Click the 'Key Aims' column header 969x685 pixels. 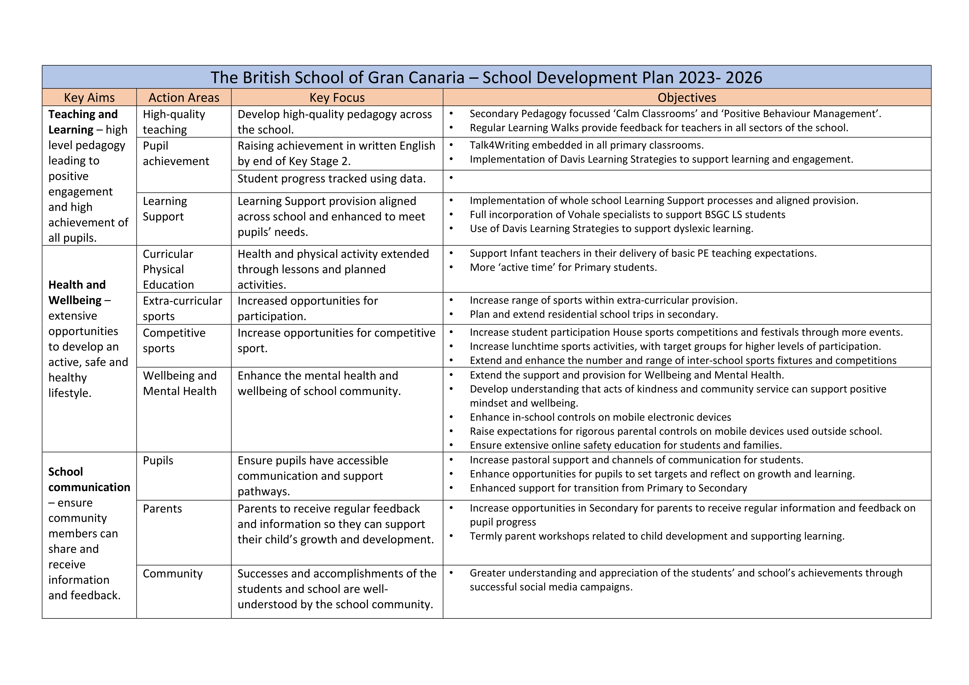[89, 98]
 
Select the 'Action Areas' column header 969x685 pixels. [184, 98]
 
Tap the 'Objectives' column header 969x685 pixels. [687, 98]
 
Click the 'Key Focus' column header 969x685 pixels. [337, 98]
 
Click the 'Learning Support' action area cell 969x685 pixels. [165, 209]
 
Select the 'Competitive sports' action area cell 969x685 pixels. [174, 341]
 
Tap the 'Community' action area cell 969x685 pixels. [173, 574]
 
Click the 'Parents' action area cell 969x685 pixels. [162, 509]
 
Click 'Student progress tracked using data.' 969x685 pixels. [331, 178]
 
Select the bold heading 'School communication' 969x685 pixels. [89, 479]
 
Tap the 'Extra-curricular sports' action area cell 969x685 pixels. [182, 309]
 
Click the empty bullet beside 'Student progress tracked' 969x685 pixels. [451, 178]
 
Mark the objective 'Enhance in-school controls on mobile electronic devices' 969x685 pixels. [600, 417]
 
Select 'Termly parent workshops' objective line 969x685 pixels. [657, 536]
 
